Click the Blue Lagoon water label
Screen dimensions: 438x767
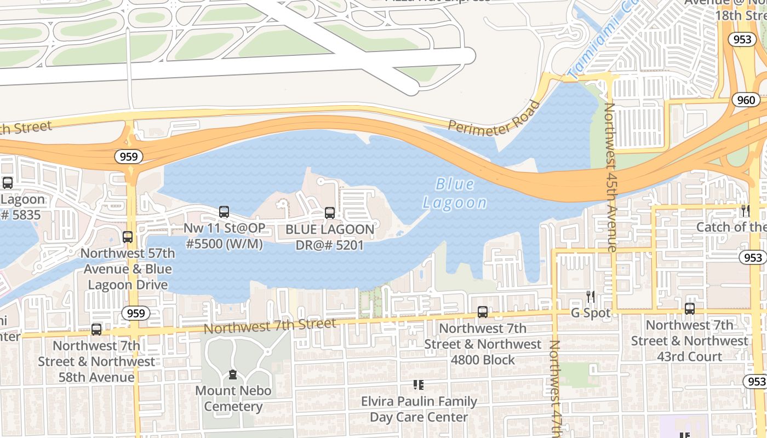(455, 193)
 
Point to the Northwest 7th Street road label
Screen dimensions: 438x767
(270, 326)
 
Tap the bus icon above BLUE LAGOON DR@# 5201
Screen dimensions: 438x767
(330, 213)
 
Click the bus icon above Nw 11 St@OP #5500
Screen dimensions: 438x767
(224, 211)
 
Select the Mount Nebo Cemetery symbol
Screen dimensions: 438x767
(233, 375)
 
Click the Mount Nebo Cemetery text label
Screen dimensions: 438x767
(233, 399)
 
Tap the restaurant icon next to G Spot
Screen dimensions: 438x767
(591, 296)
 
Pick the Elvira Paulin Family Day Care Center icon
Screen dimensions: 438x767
(419, 385)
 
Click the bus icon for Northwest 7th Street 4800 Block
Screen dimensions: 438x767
(482, 312)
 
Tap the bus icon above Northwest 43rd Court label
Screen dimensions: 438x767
(689, 308)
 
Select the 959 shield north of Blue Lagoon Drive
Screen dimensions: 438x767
(129, 157)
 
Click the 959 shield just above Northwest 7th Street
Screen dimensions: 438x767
(135, 313)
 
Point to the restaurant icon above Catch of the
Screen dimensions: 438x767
(745, 210)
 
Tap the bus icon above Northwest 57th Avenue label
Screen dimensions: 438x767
(128, 237)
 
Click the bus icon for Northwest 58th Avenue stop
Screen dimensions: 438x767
(96, 329)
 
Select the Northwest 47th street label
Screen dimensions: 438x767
(554, 389)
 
